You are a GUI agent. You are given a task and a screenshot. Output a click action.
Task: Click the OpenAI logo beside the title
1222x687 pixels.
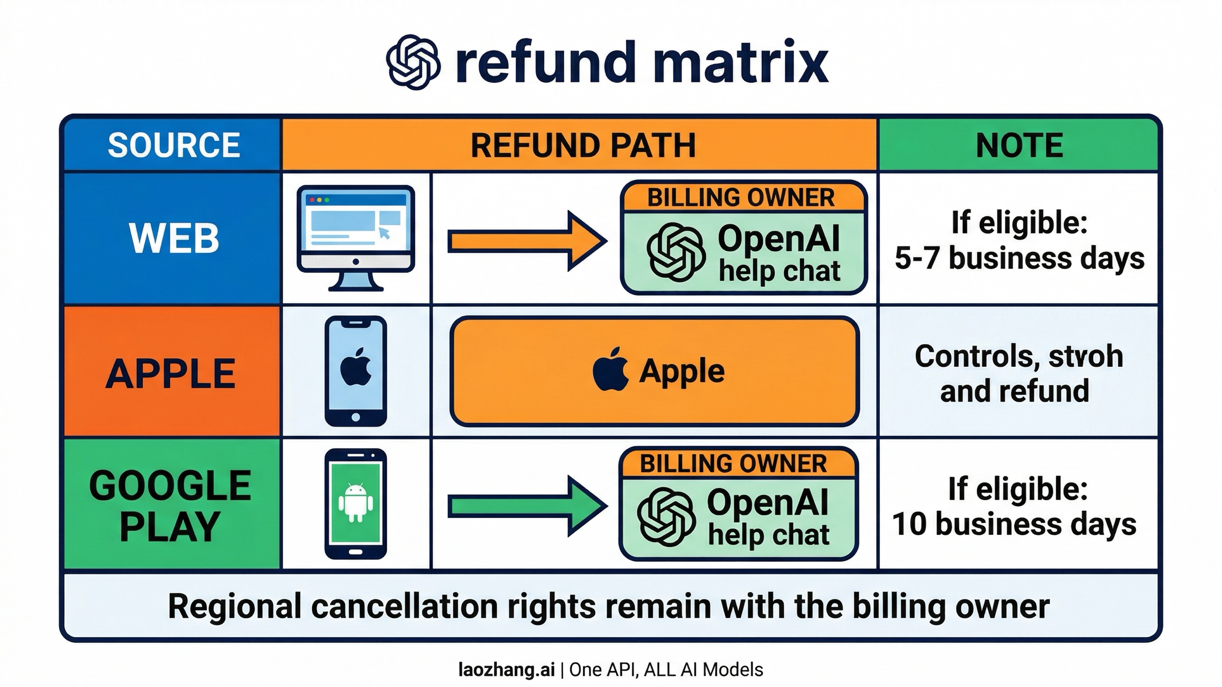[413, 62]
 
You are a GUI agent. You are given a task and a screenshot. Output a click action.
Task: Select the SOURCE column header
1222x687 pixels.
[173, 145]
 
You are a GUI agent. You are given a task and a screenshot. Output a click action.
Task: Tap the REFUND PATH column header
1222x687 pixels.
[582, 146]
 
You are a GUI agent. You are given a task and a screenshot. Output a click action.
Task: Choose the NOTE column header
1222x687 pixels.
[1019, 146]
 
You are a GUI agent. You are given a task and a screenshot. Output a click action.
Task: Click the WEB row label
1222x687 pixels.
[173, 238]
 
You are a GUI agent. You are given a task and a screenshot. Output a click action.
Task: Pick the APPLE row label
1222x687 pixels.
[171, 373]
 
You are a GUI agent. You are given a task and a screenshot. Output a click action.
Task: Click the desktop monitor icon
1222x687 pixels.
[355, 237]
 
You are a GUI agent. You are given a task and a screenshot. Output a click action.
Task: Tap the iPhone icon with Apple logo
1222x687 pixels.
[355, 370]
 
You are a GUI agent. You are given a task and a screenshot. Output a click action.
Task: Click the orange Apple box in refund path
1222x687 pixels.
[654, 371]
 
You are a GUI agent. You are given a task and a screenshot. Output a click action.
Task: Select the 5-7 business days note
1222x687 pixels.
[1019, 258]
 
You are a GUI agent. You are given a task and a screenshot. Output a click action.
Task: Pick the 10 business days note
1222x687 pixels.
[1014, 524]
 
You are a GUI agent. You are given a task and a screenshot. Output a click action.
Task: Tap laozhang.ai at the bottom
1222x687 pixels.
[507, 670]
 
